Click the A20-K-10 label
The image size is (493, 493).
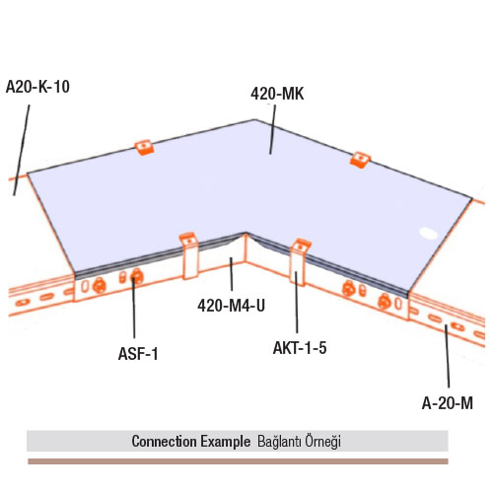click(x=37, y=87)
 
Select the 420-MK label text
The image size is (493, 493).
click(x=277, y=94)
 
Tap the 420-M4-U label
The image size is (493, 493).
click(x=231, y=306)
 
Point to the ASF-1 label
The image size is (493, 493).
click(x=138, y=354)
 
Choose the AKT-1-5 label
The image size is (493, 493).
click(x=300, y=348)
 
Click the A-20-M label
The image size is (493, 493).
click(x=448, y=403)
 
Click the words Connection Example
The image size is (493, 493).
click(x=191, y=441)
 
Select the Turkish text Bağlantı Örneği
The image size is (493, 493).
click(x=299, y=441)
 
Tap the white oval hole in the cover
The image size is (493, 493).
click(x=428, y=234)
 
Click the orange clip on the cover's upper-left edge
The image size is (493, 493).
click(x=145, y=148)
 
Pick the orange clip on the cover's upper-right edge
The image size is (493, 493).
click(x=360, y=160)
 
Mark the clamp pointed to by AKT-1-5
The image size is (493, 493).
click(x=300, y=261)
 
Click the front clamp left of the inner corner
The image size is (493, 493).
click(x=189, y=255)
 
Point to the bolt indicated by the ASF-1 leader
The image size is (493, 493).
click(x=136, y=277)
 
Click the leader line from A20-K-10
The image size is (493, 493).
click(x=22, y=150)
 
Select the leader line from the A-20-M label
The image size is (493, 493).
click(x=448, y=356)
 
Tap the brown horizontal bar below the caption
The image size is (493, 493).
click(x=238, y=461)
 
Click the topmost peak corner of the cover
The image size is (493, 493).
click(x=255, y=119)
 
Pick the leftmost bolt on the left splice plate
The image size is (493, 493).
click(x=99, y=285)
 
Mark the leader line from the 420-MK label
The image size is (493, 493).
click(x=273, y=129)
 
